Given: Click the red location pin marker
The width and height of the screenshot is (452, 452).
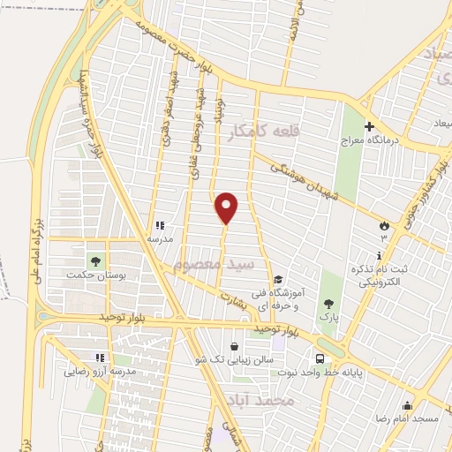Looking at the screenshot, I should click(x=227, y=207).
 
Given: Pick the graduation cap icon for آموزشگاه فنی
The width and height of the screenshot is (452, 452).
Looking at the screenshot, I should click(x=278, y=280).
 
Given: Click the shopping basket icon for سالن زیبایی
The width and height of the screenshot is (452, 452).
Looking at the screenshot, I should click(x=234, y=347).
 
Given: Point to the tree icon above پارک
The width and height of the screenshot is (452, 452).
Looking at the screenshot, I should click(x=328, y=301).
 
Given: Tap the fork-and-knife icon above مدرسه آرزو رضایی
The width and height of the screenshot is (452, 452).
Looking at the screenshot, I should click(x=99, y=358).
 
